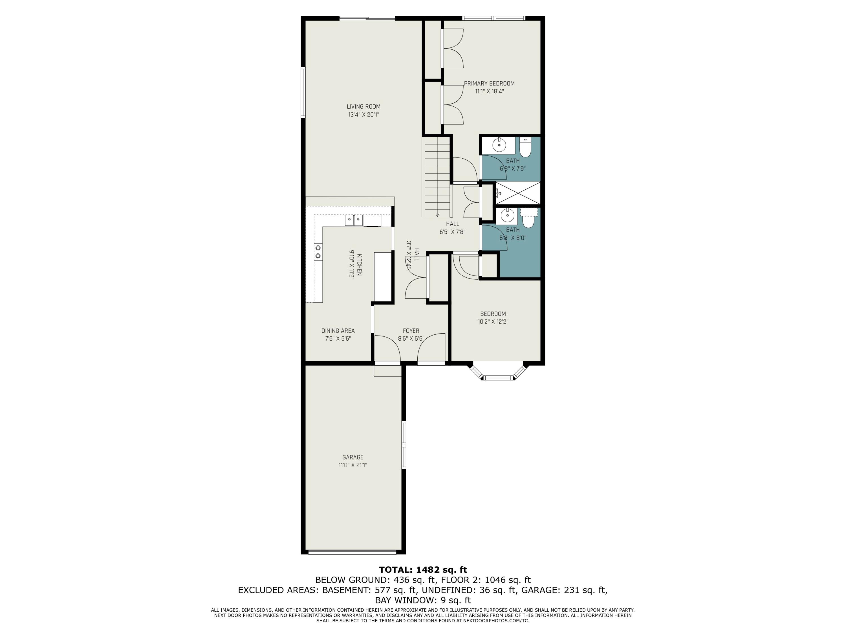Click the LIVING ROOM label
pyautogui.click(x=363, y=107)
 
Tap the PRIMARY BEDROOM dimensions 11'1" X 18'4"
pyautogui.click(x=489, y=91)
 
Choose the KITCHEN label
pyautogui.click(x=359, y=264)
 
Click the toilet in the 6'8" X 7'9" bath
pyautogui.click(x=525, y=147)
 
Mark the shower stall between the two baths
pyautogui.click(x=518, y=193)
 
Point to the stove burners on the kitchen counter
pyautogui.click(x=318, y=251)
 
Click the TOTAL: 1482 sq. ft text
pyautogui.click(x=423, y=570)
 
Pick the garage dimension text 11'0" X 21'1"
pyautogui.click(x=352, y=465)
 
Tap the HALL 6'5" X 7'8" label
pyautogui.click(x=452, y=228)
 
